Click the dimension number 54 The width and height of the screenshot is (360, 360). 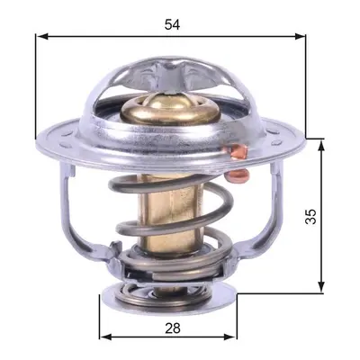point(172,24)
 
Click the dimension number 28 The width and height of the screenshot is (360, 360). point(173,328)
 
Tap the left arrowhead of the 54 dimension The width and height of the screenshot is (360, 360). point(42,37)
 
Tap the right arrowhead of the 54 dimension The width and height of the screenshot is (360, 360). point(300,37)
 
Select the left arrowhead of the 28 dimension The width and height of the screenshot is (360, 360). point(105,337)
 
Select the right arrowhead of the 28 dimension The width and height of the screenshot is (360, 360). point(230,337)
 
